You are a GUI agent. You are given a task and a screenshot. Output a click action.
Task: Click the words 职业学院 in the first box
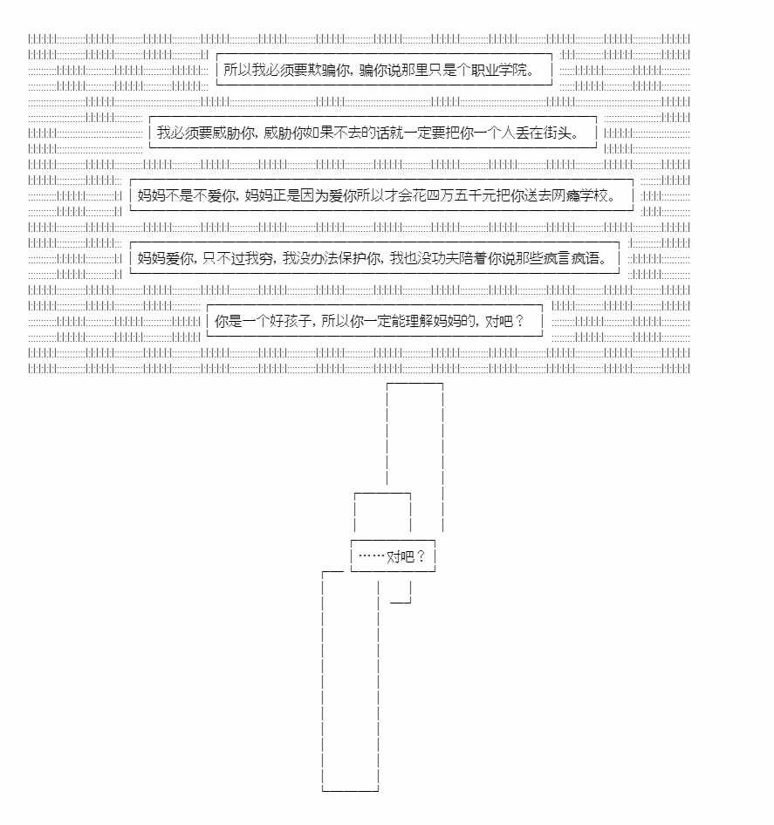(499, 70)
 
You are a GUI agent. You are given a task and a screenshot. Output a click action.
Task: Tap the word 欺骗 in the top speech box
(322, 70)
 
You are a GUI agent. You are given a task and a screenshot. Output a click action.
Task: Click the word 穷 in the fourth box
(265, 258)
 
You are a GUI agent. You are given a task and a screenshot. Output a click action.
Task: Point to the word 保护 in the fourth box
(353, 258)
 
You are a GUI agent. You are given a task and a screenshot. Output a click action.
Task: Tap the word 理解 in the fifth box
(420, 321)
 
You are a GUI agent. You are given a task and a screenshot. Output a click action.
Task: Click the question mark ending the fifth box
(520, 321)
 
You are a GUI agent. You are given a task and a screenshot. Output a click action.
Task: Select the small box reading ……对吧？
(393, 556)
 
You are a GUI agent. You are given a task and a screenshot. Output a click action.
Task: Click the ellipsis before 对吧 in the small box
(372, 556)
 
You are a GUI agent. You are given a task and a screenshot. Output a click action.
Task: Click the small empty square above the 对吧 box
(382, 493)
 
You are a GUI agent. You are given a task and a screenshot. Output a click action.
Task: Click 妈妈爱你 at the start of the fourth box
(166, 258)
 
